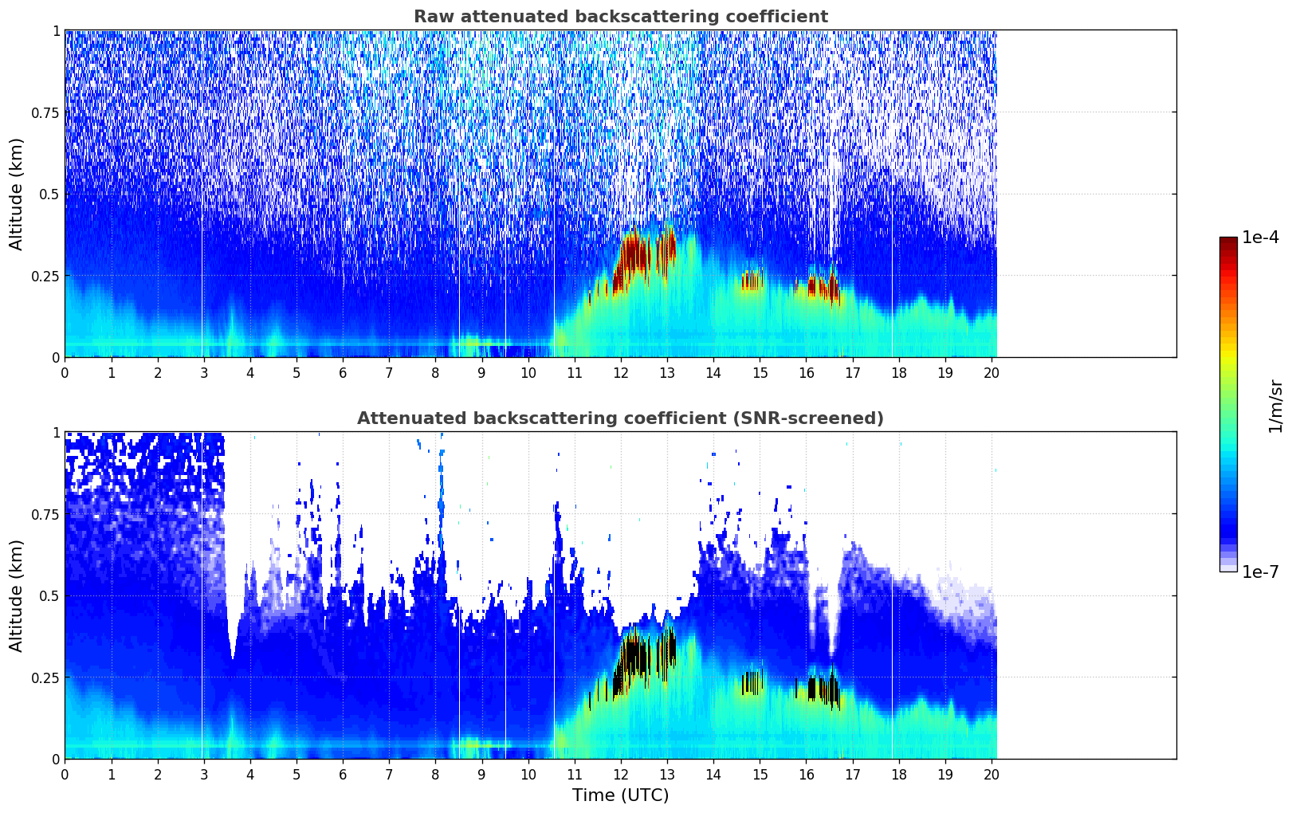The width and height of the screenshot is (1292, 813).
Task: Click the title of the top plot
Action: (x=621, y=16)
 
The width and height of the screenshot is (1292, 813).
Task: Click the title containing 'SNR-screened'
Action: (x=621, y=418)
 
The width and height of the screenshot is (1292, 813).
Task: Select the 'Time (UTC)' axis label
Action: (x=621, y=795)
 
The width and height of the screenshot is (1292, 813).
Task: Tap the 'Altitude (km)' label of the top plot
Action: (x=16, y=194)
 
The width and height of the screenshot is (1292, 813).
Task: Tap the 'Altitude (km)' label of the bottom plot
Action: (x=16, y=596)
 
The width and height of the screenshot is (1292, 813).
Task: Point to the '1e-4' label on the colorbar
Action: (x=1260, y=237)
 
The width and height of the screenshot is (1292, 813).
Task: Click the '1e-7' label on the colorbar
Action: (x=1260, y=572)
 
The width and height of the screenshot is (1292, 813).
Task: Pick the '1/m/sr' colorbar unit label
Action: (x=1275, y=406)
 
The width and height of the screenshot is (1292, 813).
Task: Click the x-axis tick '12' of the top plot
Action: (x=621, y=373)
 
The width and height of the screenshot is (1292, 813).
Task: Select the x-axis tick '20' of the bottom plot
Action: (x=992, y=775)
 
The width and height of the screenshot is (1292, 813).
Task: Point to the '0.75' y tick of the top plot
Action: (x=45, y=112)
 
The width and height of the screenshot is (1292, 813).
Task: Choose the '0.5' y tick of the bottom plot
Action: (x=49, y=595)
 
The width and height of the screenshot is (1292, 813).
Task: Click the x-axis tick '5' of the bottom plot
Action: (x=296, y=775)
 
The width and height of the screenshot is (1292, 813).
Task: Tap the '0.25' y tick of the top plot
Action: (x=45, y=277)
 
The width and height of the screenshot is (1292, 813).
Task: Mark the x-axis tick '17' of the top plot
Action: (x=853, y=373)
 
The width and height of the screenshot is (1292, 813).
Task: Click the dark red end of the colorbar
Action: (x=1228, y=242)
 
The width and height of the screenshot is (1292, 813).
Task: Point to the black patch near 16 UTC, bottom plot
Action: (x=822, y=689)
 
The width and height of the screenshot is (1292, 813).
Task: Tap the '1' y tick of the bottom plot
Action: (x=56, y=433)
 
